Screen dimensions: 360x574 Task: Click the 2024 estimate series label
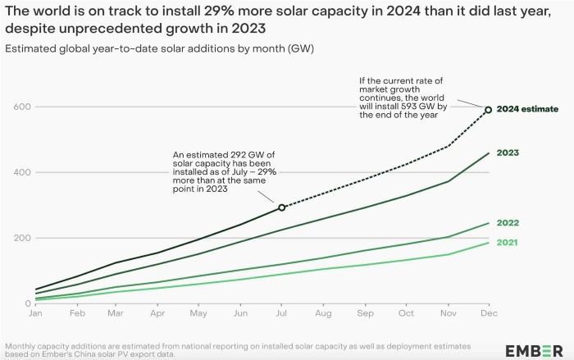pyautogui.click(x=529, y=108)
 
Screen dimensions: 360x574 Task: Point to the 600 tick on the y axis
pyautogui.click(x=21, y=107)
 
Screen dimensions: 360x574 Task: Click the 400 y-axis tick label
pyautogui.click(x=21, y=172)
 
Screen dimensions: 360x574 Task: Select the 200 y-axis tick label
pyautogui.click(x=21, y=238)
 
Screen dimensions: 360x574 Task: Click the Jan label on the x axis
pyautogui.click(x=35, y=314)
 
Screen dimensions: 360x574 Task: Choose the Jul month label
pyautogui.click(x=281, y=314)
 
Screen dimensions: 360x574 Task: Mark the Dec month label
pyautogui.click(x=488, y=314)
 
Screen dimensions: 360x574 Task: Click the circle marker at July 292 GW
pyautogui.click(x=282, y=207)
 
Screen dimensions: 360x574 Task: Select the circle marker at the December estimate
pyautogui.click(x=488, y=109)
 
